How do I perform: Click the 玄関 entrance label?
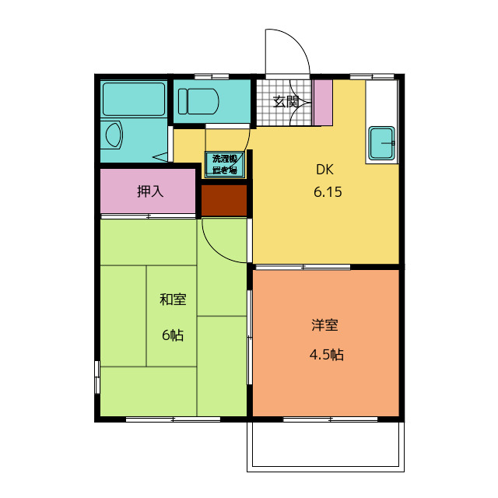(286, 101)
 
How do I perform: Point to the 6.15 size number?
(328, 192)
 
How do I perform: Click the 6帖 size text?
(173, 335)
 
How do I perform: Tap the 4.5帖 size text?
(327, 355)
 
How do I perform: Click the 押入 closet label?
(149, 191)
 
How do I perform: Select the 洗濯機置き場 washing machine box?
(225, 164)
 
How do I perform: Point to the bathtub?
(134, 99)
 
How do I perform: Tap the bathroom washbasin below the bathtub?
(112, 135)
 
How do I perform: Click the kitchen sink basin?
(382, 142)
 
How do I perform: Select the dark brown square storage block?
(224, 201)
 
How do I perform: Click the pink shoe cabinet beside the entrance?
(323, 102)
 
